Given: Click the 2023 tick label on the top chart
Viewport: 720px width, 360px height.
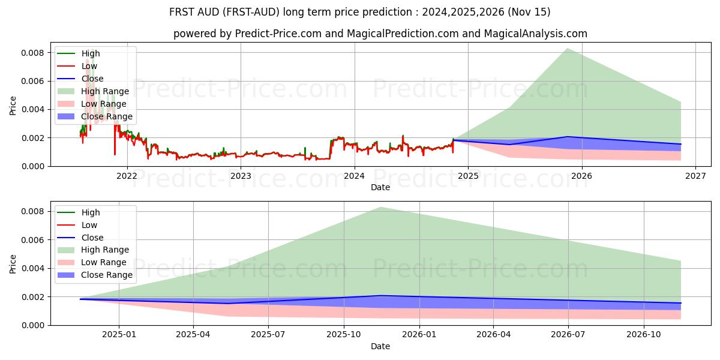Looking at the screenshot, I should [x=241, y=176].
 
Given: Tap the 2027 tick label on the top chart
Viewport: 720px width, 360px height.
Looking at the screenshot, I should [x=695, y=176].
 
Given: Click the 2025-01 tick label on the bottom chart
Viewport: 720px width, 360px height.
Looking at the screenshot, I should [x=119, y=335].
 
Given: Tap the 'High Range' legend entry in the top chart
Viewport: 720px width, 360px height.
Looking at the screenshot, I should [x=105, y=91].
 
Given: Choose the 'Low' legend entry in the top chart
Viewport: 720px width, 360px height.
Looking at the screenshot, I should [x=89, y=66].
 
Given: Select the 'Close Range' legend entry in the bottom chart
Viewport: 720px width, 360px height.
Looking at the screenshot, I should [x=107, y=275].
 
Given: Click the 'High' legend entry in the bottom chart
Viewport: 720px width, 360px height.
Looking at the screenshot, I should [x=91, y=212].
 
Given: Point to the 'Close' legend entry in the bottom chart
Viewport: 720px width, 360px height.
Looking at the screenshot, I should [x=92, y=238].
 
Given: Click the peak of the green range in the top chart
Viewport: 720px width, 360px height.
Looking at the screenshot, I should [x=567, y=49].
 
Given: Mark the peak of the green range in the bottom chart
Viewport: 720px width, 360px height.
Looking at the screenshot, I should [x=380, y=207].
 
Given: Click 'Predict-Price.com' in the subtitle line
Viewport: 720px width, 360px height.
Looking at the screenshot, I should [x=279, y=34].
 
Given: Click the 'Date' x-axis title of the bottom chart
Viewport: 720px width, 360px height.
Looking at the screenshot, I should [x=380, y=346].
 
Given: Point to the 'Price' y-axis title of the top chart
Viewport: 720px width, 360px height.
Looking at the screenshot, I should [x=13, y=106].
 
